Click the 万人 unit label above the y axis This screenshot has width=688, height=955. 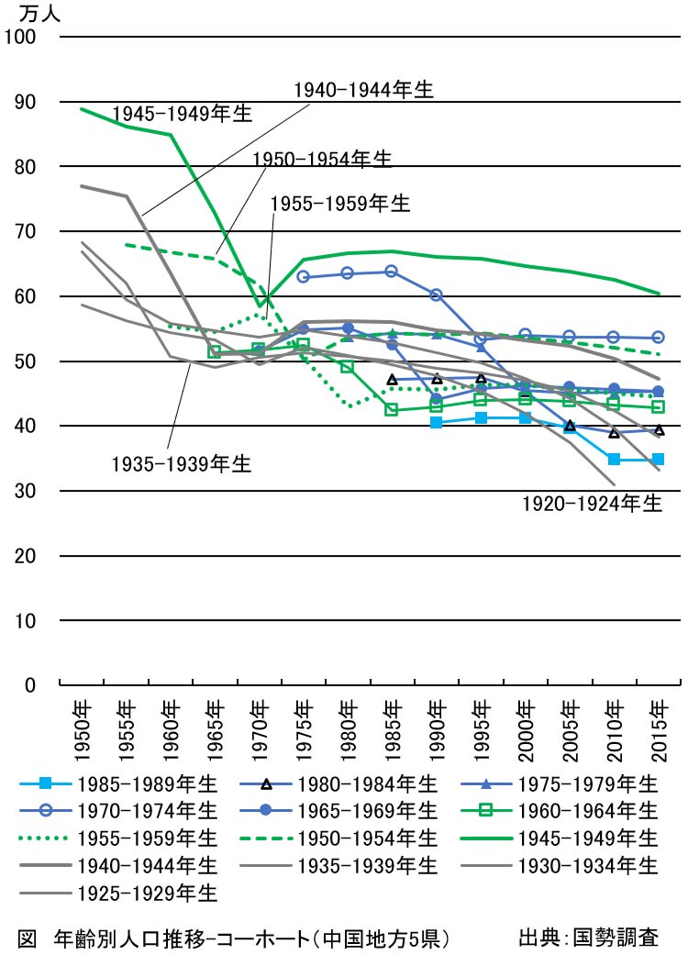click(38, 13)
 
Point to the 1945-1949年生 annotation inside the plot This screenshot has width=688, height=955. click(183, 114)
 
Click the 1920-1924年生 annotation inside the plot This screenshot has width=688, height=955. click(592, 505)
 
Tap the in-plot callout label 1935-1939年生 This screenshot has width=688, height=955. click(181, 464)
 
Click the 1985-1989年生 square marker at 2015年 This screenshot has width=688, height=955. click(658, 459)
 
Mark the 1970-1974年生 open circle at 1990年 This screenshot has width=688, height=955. click(437, 294)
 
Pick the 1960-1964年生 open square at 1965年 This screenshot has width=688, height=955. click(215, 351)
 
